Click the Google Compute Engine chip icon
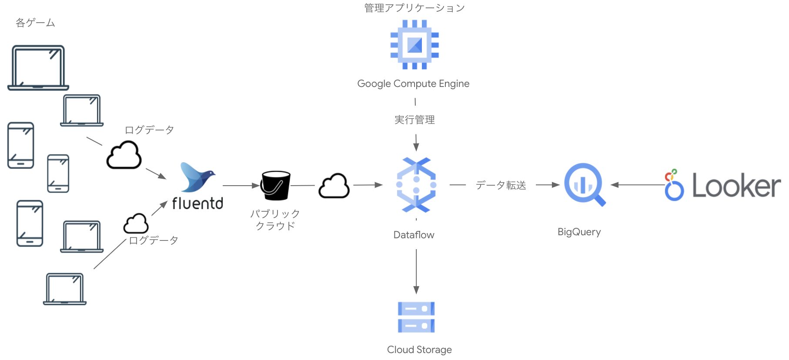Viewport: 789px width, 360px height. point(415,45)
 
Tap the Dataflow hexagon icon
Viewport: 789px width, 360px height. point(416,185)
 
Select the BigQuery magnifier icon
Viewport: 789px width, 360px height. point(584,184)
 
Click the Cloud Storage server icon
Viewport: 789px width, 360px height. point(416,317)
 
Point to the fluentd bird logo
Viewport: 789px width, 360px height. point(197,177)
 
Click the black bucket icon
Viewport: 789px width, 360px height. point(275,185)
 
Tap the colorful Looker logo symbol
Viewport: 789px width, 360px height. point(673,185)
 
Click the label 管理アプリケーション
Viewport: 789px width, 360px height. point(415,8)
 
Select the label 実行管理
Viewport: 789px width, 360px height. point(415,120)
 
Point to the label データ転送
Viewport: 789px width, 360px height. point(501,185)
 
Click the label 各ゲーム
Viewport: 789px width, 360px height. point(35,23)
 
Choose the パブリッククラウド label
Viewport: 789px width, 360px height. point(275,220)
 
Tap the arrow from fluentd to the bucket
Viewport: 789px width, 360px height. point(241,186)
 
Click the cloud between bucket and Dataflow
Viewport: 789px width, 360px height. point(334,186)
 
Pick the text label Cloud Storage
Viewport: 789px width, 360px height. point(419,350)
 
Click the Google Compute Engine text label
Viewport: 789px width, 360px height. point(413,83)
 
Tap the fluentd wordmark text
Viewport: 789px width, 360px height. point(197,203)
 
